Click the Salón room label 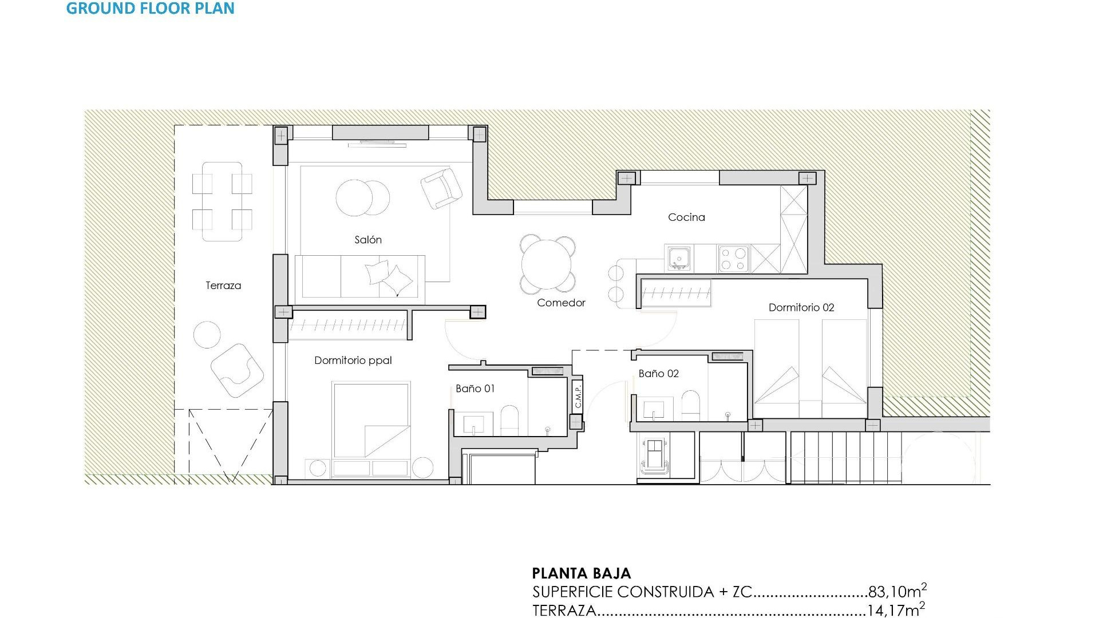[x=368, y=240]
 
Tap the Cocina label [x=686, y=217]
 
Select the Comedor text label [x=561, y=303]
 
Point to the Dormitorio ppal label [x=353, y=360]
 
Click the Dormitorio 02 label [x=801, y=308]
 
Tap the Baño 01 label [x=475, y=389]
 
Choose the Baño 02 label [x=658, y=374]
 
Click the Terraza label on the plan [x=223, y=286]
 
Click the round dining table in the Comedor [x=547, y=264]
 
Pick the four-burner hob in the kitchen [x=734, y=258]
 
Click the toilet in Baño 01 [x=509, y=421]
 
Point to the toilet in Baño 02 [x=691, y=406]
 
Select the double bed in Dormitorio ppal [x=371, y=421]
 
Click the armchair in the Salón [x=441, y=188]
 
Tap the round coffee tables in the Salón [x=362, y=198]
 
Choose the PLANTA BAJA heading [x=581, y=573]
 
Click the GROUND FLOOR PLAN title [x=150, y=9]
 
